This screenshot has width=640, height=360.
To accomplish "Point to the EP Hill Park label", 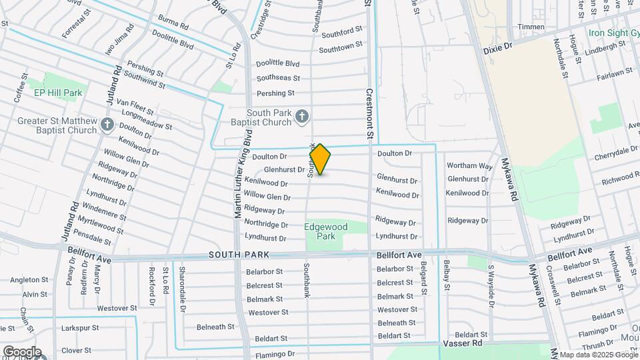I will (59, 93).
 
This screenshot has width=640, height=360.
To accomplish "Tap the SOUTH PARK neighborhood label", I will (239, 255).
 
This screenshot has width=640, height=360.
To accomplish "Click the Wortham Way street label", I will (469, 165).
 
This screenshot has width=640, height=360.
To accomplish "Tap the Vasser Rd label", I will (462, 343).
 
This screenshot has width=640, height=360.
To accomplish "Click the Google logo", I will (21, 352).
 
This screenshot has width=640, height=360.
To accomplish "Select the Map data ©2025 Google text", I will (598, 355).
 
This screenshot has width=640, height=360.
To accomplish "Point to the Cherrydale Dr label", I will (617, 151).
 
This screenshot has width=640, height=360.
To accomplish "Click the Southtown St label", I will (340, 48).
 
